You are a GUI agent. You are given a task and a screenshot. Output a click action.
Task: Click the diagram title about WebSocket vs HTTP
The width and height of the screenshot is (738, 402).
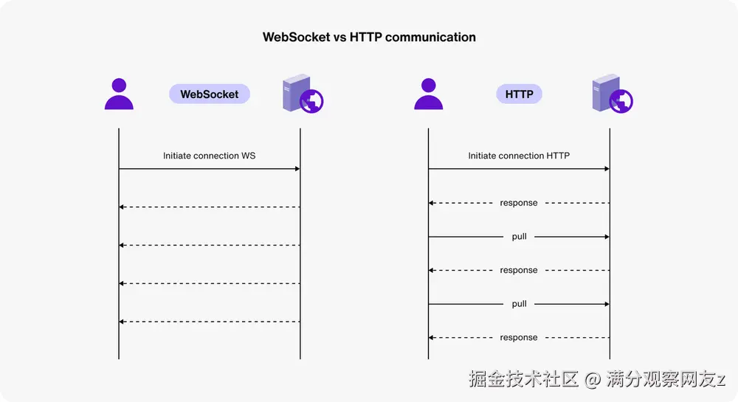coord(369,37)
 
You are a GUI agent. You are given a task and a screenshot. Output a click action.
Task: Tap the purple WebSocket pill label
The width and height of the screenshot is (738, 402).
coord(210,94)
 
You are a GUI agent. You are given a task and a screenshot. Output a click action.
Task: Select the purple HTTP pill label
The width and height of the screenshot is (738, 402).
coord(519,94)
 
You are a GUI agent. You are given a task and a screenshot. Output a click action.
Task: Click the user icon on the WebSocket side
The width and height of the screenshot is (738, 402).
coord(119,94)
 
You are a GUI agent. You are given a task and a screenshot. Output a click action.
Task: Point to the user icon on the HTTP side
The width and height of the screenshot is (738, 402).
coord(428,94)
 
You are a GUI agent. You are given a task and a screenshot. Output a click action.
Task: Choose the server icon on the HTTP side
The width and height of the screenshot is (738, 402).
coord(612,95)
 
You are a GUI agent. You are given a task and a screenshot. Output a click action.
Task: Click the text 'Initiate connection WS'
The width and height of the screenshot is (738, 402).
coord(210,156)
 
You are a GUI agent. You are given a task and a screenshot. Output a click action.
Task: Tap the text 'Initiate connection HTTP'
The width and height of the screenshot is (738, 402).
coord(519,156)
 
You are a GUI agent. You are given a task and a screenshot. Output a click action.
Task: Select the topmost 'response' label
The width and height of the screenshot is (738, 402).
coord(519,203)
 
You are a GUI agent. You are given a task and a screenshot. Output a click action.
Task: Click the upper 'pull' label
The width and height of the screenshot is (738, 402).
coord(519,237)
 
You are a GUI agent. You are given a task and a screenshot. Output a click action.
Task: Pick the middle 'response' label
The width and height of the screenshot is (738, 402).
coord(519,271)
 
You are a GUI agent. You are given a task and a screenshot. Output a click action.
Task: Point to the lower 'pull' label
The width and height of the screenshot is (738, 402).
coord(519,304)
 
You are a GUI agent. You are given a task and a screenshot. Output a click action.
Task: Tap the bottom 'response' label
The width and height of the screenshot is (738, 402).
coord(519,338)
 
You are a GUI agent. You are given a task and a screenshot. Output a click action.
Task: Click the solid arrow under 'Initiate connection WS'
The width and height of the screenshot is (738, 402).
coord(210,169)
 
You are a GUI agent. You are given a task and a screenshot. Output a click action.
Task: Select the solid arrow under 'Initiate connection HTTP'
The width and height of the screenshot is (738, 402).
coord(519,169)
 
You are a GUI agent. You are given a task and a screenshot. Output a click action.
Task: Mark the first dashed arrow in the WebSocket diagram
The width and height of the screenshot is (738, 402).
coord(210,207)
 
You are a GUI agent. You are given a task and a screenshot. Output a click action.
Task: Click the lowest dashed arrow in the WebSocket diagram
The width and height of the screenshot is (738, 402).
coord(210,322)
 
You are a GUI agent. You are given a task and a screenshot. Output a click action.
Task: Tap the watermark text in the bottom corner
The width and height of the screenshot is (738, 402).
coord(597,379)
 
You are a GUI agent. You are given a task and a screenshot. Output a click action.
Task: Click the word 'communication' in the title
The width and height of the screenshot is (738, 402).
coord(430,37)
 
